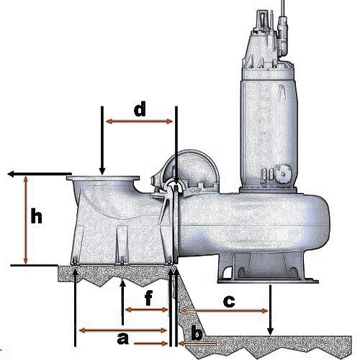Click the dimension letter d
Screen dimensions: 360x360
pyautogui.click(x=140, y=109)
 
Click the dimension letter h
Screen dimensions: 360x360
pyautogui.click(x=37, y=216)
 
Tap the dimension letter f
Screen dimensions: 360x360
pyautogui.click(x=149, y=298)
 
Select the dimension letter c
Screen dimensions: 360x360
pyautogui.click(x=229, y=302)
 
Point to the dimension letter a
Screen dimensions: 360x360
pyautogui.click(x=123, y=338)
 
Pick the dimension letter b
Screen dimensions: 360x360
pyautogui.click(x=197, y=333)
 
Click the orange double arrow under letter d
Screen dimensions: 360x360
pyautogui.click(x=139, y=122)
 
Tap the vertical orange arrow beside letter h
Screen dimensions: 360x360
pyautogui.click(x=26, y=220)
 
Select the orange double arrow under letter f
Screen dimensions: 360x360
pyautogui.click(x=147, y=310)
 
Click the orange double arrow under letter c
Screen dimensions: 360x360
pyautogui.click(x=224, y=311)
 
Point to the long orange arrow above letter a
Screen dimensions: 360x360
pyautogui.click(x=123, y=330)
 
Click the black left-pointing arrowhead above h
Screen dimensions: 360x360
pyautogui.click(x=11, y=174)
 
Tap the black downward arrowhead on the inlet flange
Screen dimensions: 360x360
pyautogui.click(x=102, y=171)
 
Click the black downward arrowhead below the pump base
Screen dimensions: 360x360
pyautogui.click(x=271, y=332)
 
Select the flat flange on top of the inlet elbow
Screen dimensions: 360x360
pyautogui.click(x=103, y=178)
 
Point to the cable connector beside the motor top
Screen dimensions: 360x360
pyautogui.click(x=283, y=36)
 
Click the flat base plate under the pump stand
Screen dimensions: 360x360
pyautogui.click(x=268, y=281)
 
